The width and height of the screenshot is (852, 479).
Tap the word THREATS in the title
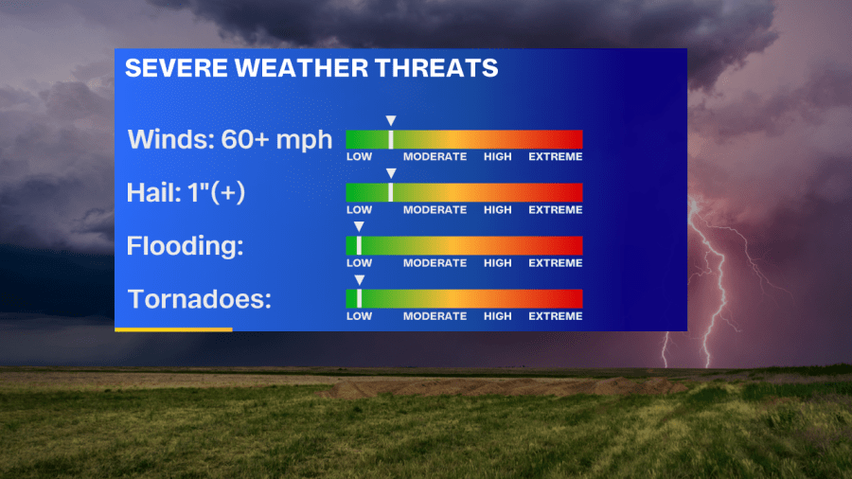[436, 68]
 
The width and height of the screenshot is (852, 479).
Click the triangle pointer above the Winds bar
[391, 120]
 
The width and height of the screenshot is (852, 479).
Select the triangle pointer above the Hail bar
[391, 173]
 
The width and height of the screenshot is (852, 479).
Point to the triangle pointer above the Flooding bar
[359, 226]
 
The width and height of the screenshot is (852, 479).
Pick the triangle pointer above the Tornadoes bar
[359, 279]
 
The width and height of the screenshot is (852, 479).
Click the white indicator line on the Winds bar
[391, 139]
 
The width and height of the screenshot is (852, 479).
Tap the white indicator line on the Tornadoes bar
[359, 299]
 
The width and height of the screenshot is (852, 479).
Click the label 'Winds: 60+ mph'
[230, 139]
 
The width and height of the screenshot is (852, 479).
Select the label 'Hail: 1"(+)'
[186, 193]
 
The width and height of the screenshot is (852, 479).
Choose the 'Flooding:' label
[186, 245]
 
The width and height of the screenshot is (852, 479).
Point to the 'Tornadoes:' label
[200, 299]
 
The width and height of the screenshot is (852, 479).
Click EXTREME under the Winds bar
[556, 156]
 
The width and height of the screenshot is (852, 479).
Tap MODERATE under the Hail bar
[435, 209]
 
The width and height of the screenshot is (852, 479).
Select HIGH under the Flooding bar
[498, 263]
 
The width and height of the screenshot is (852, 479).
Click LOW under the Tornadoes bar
[359, 316]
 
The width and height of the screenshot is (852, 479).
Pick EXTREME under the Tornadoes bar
[556, 316]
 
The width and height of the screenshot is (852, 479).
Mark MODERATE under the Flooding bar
[435, 263]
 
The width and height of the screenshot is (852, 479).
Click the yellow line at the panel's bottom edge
[173, 329]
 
